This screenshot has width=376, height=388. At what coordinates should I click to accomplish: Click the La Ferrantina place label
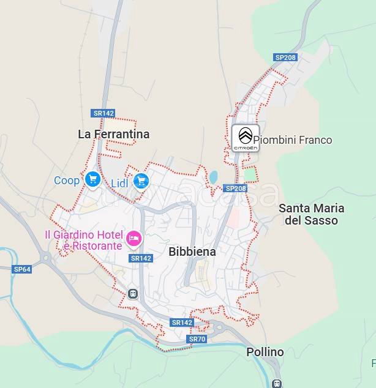tap(114, 134)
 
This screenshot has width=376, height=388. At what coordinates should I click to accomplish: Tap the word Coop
tap(67, 181)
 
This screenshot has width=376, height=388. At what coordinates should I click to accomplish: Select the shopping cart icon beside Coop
tap(93, 179)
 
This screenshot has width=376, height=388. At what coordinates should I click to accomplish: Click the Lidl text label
tap(120, 183)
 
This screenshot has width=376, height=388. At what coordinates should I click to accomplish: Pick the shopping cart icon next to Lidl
tap(141, 181)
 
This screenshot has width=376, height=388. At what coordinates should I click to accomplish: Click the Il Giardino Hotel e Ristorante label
tap(83, 240)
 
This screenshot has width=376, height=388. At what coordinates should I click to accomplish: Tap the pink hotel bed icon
tap(133, 239)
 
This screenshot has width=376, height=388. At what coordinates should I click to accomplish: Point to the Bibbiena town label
tap(192, 252)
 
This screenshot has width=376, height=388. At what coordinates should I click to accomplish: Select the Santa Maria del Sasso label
tap(311, 214)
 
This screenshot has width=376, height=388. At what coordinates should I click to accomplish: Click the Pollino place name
tap(265, 352)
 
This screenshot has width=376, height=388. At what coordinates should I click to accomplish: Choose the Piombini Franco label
tap(293, 140)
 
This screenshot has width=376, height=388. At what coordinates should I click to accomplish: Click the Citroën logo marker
tap(245, 138)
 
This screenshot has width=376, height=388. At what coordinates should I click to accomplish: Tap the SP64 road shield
tap(22, 269)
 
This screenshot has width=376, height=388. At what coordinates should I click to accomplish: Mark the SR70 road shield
tap(197, 339)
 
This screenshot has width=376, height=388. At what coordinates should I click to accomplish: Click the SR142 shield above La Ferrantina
tap(103, 113)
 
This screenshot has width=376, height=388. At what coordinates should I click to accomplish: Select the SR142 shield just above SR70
tap(182, 323)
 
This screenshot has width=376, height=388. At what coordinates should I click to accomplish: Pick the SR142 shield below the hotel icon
tap(141, 258)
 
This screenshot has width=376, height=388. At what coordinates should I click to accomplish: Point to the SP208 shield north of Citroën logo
tap(285, 58)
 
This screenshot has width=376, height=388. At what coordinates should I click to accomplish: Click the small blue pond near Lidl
tap(213, 177)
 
